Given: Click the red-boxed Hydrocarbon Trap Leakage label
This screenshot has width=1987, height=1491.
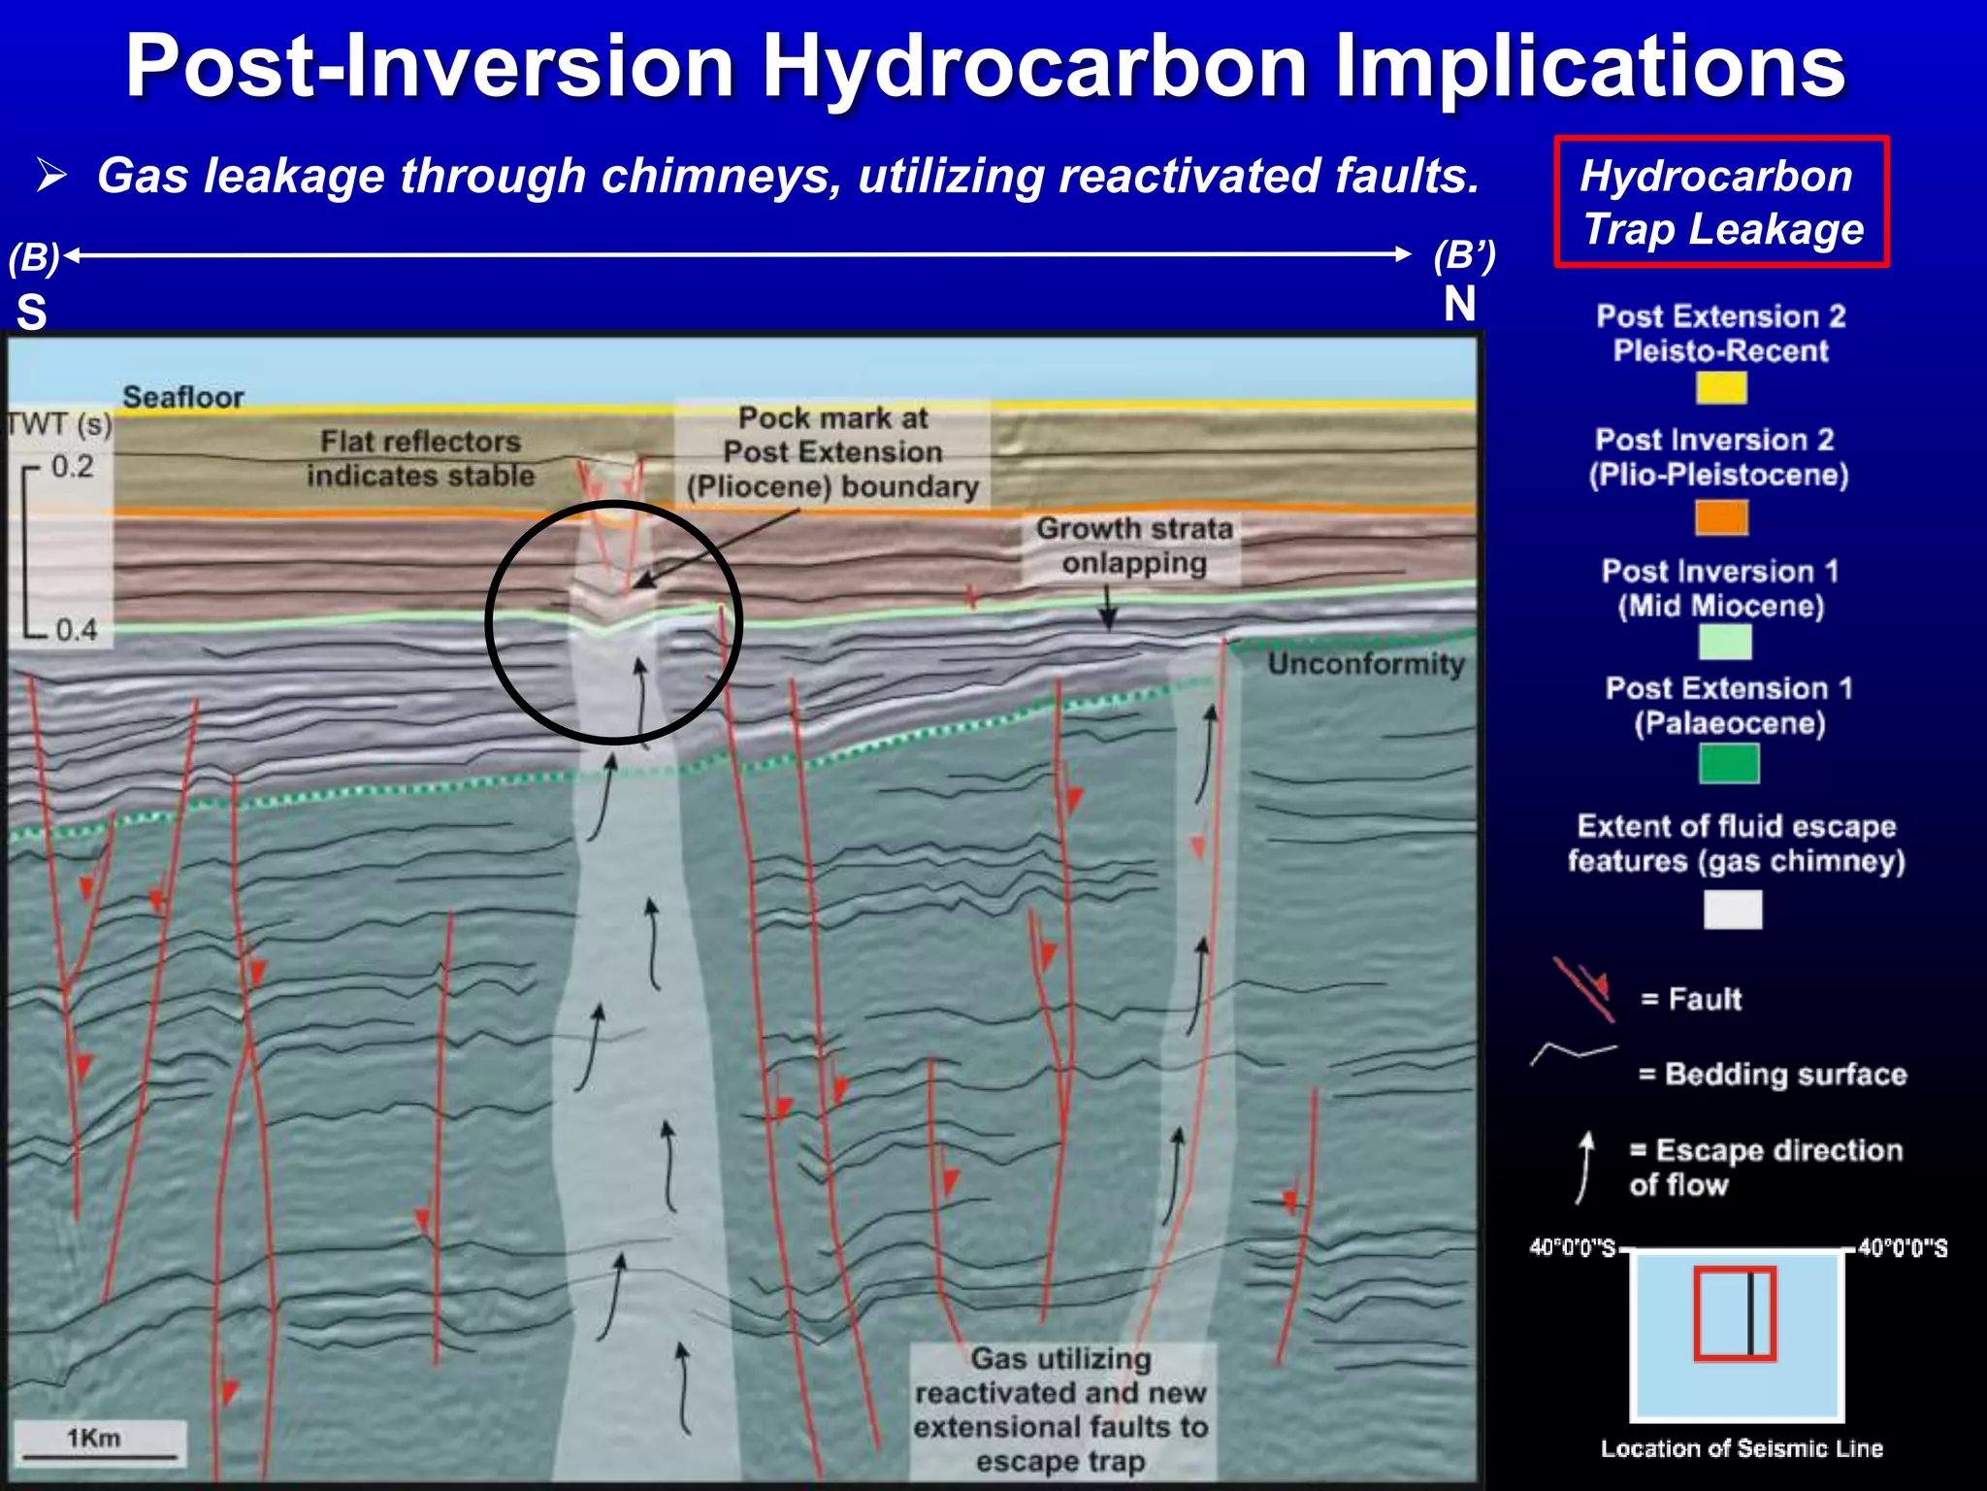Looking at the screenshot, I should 1721,202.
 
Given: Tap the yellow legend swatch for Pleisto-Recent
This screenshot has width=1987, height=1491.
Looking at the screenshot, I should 1721,388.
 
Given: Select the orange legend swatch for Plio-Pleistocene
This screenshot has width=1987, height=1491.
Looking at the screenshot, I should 1721,516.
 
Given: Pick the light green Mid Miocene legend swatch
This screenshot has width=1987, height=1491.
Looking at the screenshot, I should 1725,642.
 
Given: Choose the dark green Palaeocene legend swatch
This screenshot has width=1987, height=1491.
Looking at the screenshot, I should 1729,763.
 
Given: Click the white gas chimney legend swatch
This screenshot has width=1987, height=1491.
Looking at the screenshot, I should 1733,910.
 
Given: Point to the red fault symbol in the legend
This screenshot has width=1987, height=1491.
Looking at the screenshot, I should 1585,989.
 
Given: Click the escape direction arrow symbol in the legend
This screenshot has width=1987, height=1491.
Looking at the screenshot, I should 1585,1167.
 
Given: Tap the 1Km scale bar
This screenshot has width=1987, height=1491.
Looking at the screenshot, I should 99,1454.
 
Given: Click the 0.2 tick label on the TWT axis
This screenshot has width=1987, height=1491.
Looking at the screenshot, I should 73,467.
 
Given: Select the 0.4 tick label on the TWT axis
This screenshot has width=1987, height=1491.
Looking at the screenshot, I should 76,630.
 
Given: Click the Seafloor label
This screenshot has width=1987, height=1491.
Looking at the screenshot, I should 183,397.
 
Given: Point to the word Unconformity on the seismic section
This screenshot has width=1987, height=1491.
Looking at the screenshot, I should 1366,664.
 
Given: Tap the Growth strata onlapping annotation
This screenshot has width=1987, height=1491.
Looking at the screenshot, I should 1133,546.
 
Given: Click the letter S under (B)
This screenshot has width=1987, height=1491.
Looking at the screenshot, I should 31,313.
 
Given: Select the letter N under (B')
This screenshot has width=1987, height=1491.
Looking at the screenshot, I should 1459,304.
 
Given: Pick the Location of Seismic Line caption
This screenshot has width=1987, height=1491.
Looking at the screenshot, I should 1742,1448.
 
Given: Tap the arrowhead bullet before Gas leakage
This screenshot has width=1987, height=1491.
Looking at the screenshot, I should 51,176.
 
